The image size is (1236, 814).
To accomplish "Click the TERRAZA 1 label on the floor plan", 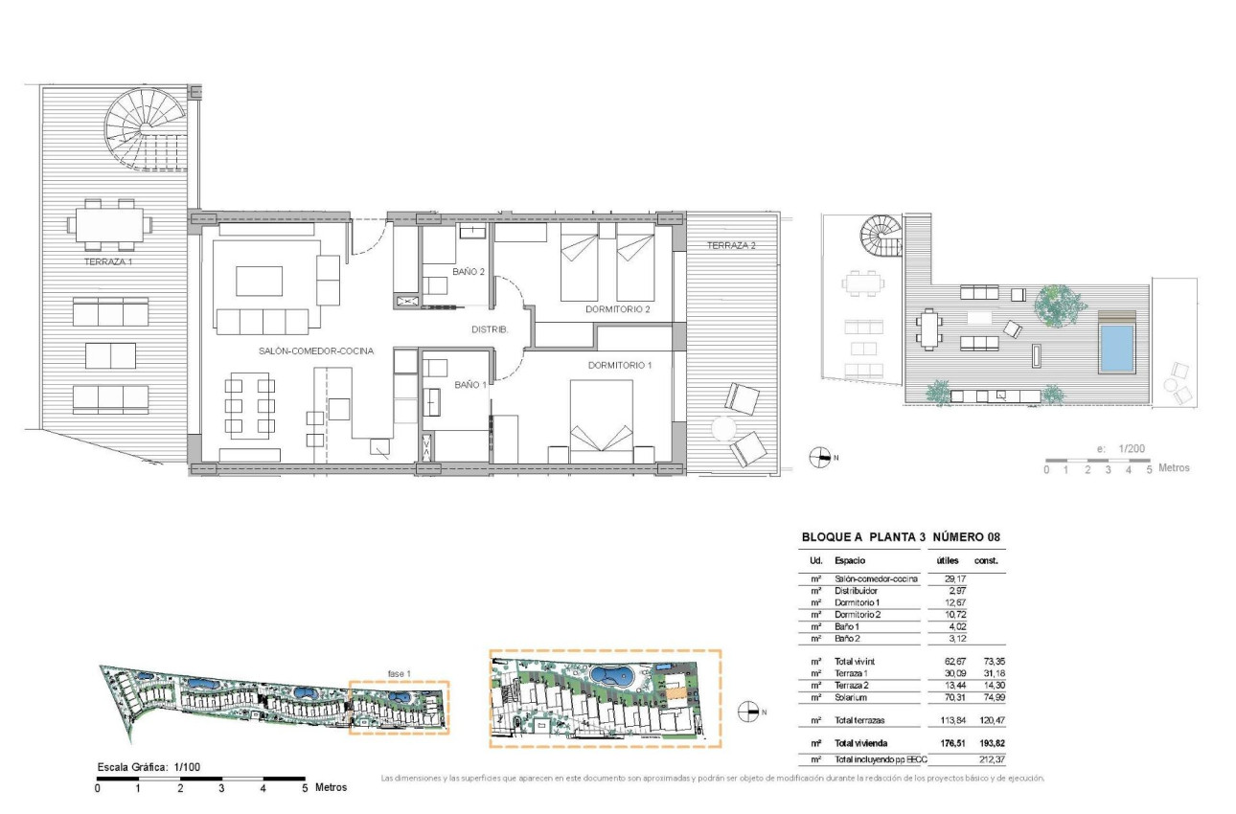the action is point(108,262).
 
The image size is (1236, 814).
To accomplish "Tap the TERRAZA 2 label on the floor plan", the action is point(731,245).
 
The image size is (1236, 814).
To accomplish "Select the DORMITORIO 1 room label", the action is point(620,365).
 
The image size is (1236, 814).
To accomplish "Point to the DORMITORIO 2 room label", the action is point(617,309).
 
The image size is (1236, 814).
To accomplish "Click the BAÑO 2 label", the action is point(469,272).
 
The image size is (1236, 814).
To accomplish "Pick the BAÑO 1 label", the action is point(470,385).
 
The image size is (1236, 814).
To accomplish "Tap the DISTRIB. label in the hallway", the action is point(490,329).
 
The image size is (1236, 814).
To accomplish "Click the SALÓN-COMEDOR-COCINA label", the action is point(316,350).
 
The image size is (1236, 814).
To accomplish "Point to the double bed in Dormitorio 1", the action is point(602,421).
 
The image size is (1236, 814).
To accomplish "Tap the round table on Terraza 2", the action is point(723,428).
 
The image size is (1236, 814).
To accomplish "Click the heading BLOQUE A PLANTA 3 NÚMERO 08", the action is point(901,536).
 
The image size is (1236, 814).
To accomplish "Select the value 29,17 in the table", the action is point(954,579).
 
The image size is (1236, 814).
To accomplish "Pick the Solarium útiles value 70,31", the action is point(954,697).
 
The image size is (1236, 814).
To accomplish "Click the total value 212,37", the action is point(993,759).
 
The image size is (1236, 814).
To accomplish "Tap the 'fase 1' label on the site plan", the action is point(399,674).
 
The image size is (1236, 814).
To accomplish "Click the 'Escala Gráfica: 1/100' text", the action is point(149,767).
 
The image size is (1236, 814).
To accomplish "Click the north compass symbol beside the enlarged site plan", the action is point(747,712).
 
